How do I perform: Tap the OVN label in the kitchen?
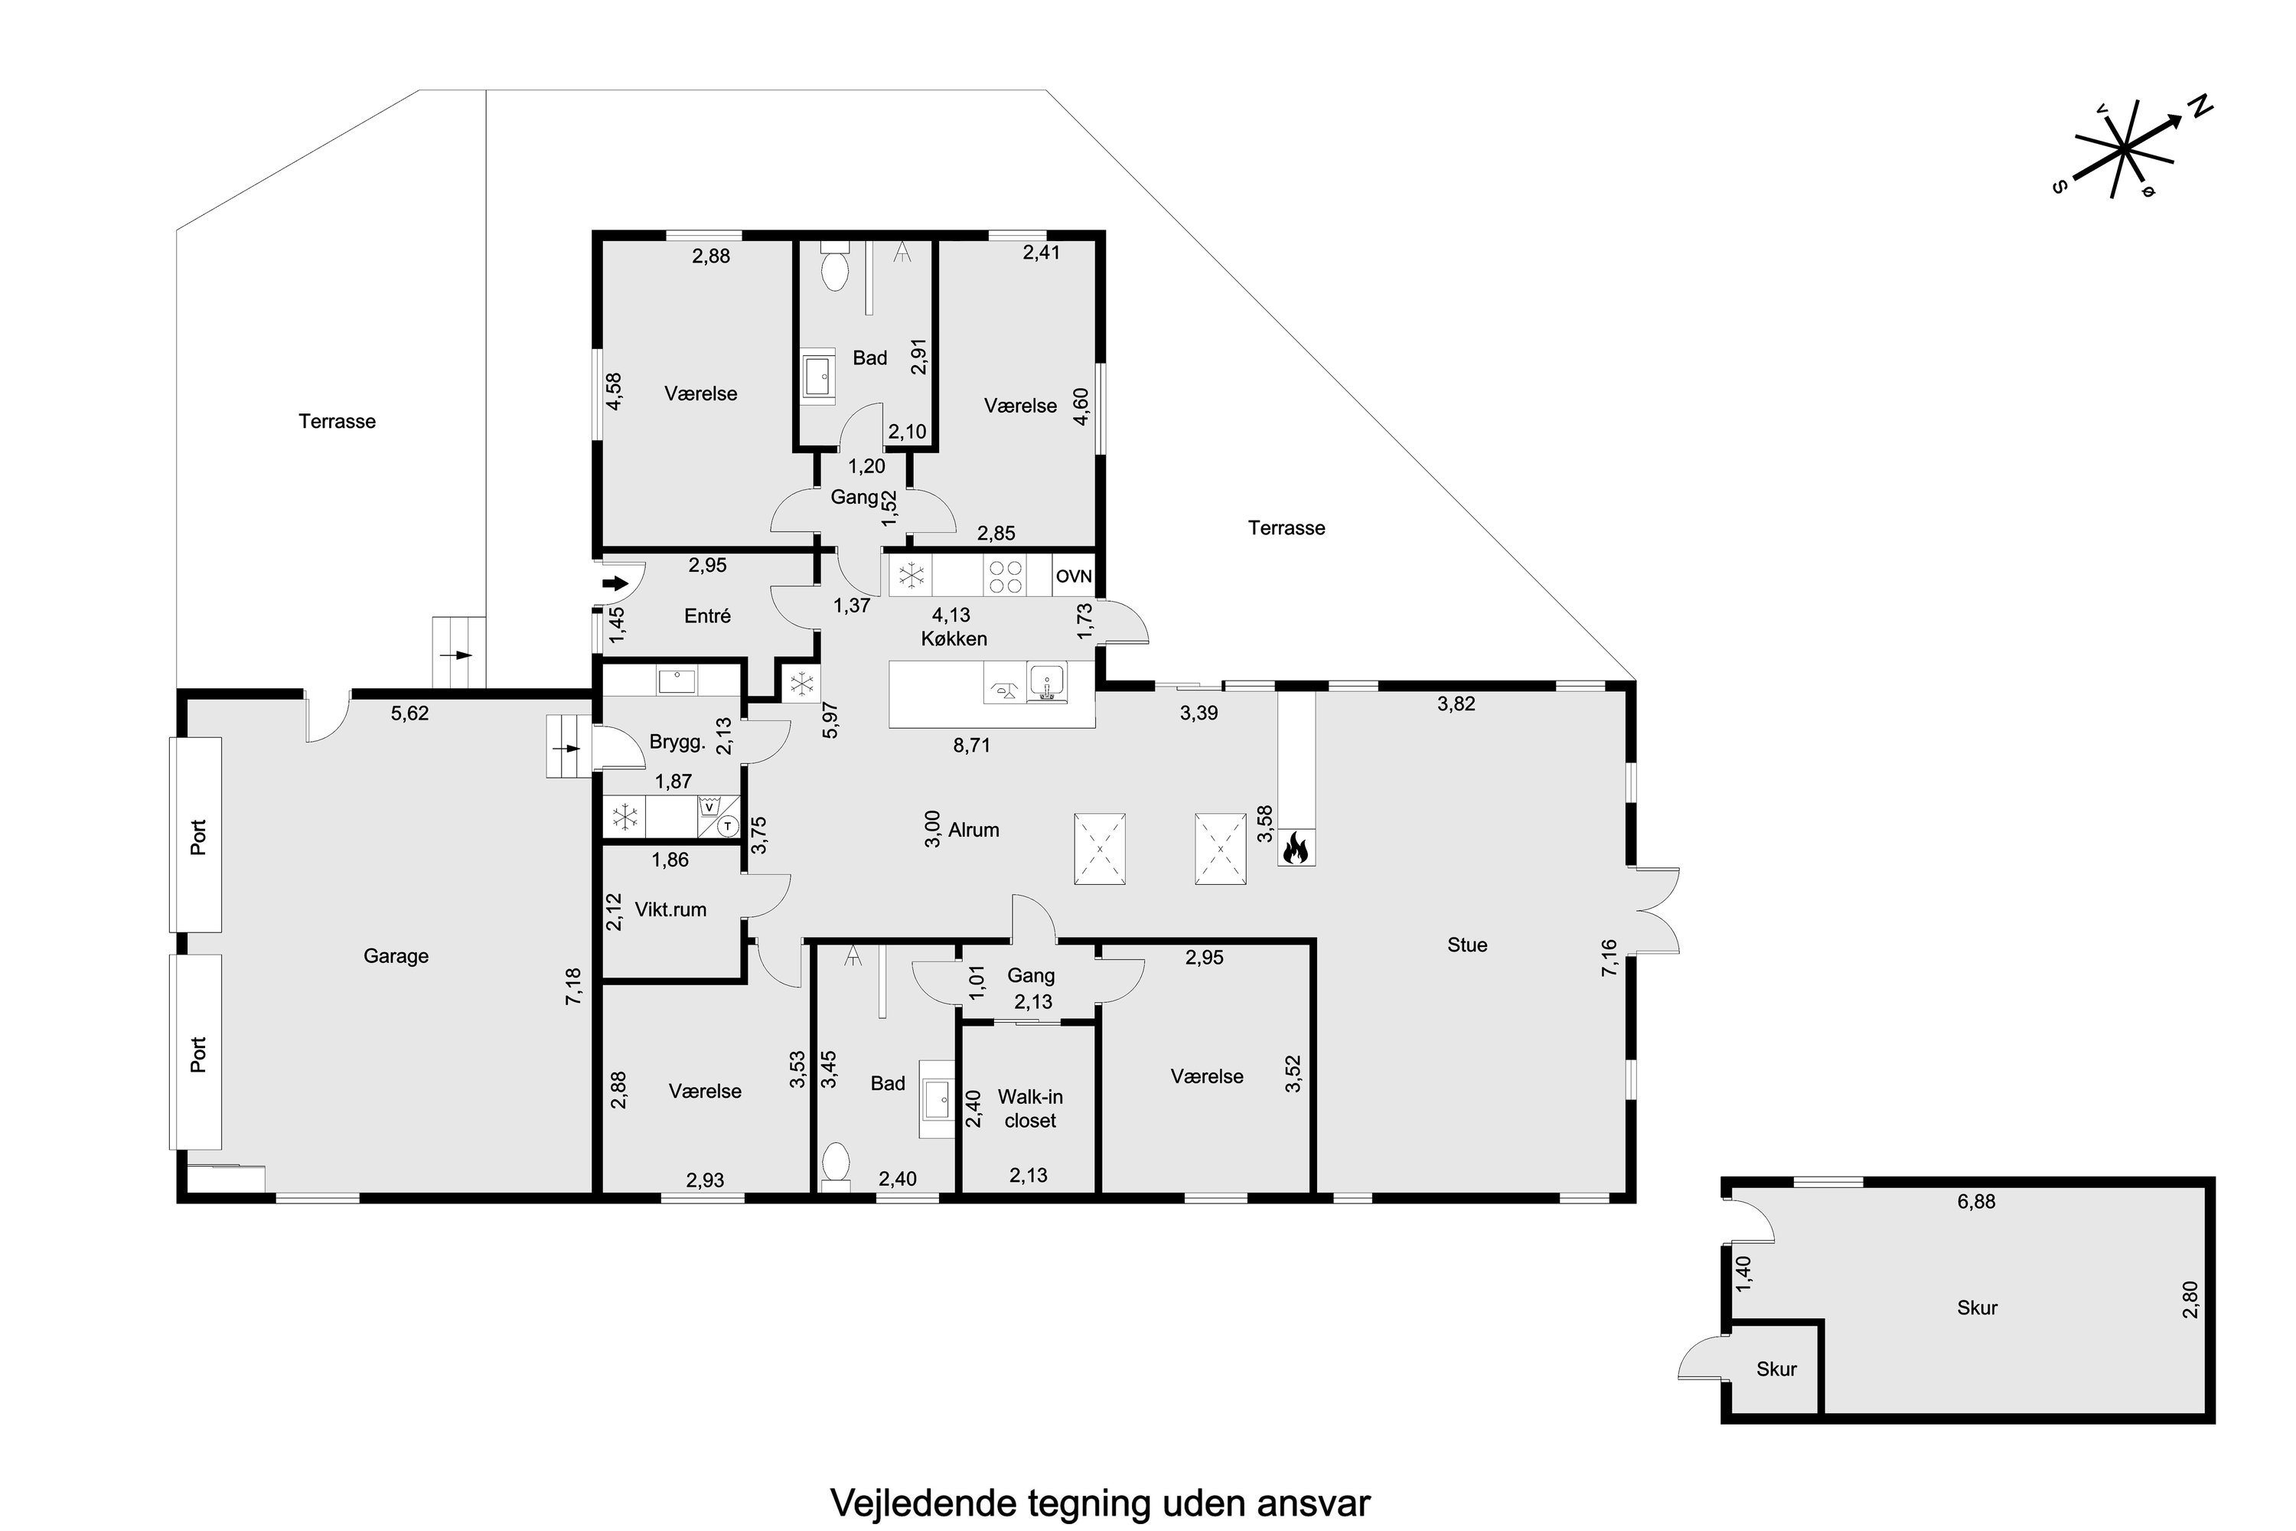click(x=1074, y=576)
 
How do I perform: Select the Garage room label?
click(x=396, y=956)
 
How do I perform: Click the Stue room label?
click(x=1467, y=944)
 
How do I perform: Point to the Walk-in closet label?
click(x=1030, y=1108)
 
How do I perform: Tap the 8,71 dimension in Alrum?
click(x=971, y=745)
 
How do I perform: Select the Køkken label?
click(x=954, y=638)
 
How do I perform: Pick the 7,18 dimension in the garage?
click(x=573, y=985)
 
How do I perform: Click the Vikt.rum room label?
click(x=670, y=909)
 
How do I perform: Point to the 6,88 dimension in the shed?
click(x=1976, y=1202)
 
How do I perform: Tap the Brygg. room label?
click(x=677, y=742)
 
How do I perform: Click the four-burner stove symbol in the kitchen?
click(x=1006, y=576)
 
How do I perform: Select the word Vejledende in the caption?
click(x=922, y=1503)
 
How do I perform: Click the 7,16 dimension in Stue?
click(x=1609, y=957)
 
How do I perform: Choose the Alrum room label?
click(x=974, y=830)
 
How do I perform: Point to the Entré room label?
click(x=708, y=616)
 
